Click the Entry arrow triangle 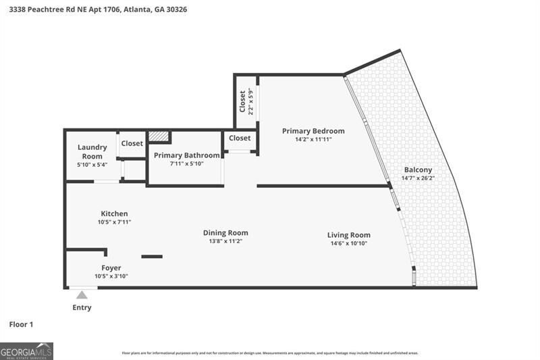[x=82, y=294]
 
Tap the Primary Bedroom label [x=313, y=131]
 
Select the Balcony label [x=418, y=170]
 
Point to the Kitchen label [x=114, y=213]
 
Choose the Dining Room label [x=225, y=232]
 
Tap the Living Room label [x=348, y=235]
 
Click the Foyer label [x=111, y=267]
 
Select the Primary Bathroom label [x=186, y=155]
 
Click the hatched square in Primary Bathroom [x=158, y=136]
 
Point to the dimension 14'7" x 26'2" [x=418, y=178]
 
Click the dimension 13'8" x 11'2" [x=225, y=241]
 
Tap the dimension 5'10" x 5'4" [x=92, y=164]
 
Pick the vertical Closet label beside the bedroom [x=242, y=101]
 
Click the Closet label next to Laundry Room [x=132, y=143]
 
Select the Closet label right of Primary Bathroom [x=240, y=138]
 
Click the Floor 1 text [x=21, y=325]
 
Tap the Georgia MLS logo [x=26, y=351]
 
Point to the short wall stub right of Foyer [x=152, y=256]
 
